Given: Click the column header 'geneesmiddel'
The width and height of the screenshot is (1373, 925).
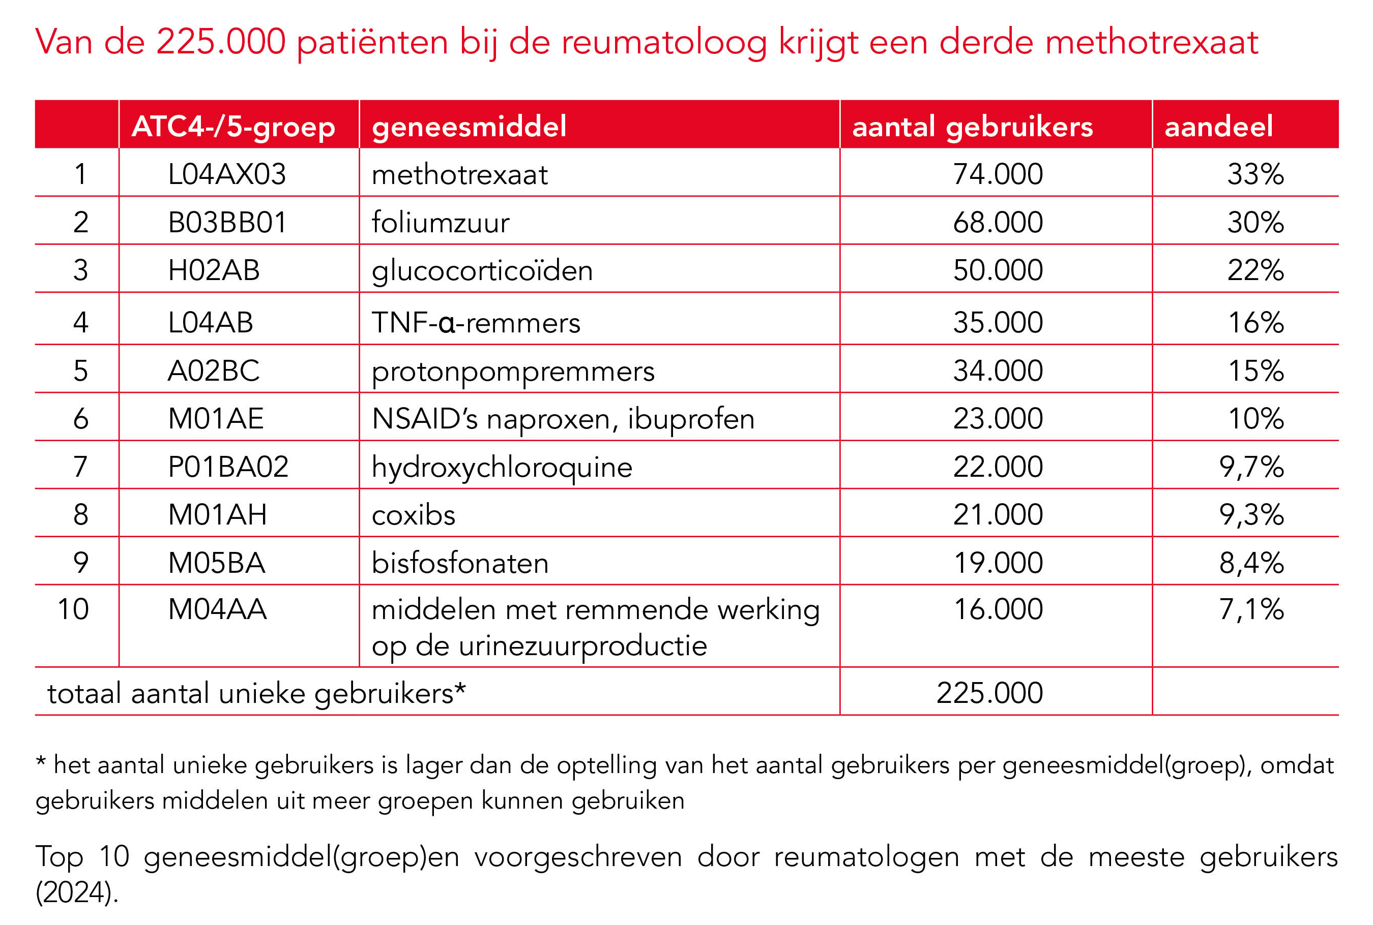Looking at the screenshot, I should pos(469,126).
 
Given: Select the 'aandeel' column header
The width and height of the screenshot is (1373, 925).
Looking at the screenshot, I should pos(1218,126).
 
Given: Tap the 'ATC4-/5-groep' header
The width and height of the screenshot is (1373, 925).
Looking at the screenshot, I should pos(233,126).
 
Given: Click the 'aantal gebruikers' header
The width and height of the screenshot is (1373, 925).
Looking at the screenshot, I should pos(972,126).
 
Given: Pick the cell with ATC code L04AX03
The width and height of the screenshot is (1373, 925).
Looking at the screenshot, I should pos(227,174).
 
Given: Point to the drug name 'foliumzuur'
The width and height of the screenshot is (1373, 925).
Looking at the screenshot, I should pos(441,223).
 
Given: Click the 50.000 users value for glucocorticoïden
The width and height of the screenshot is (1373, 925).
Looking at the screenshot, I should pos(998,270).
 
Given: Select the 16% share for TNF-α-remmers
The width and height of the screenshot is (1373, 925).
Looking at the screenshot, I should pos(1255,322).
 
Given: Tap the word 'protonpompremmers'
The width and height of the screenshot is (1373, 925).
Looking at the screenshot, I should pos(513,371).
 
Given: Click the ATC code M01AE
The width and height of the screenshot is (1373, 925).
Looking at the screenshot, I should pos(216,419).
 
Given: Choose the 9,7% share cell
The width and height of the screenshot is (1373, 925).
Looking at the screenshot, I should pos(1251,467).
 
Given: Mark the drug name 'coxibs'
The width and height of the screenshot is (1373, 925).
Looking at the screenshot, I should pos(413,515).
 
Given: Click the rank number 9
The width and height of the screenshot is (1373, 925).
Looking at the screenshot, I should pos(81,563).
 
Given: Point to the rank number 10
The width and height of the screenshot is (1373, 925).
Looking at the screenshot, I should pos(73,609).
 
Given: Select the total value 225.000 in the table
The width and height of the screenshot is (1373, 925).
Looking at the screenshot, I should pos(989,693).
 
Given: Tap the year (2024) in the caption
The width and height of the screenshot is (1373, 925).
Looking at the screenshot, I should pos(77,892).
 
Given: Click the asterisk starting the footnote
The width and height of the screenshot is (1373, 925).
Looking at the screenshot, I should pos(41,761).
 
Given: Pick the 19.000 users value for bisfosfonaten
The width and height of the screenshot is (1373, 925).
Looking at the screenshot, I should pos(998,563).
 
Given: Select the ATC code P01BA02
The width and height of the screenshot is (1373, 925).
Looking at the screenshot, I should pos(228,467).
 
